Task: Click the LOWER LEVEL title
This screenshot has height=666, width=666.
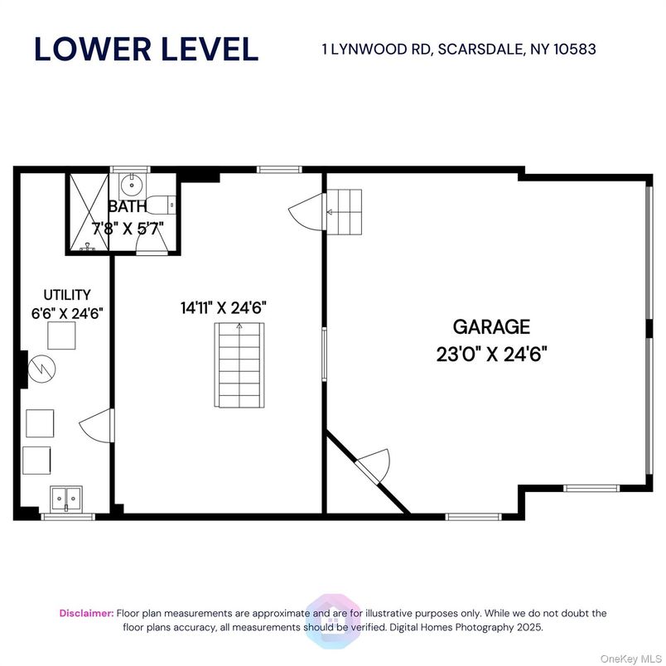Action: [146, 49]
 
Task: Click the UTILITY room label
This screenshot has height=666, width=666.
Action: [67, 294]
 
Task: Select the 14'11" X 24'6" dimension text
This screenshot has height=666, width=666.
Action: [223, 307]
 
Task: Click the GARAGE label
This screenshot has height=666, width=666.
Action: [490, 327]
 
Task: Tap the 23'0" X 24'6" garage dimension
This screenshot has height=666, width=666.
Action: [490, 354]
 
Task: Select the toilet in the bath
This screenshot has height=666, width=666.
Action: [166, 201]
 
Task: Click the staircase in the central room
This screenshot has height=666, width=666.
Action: [239, 364]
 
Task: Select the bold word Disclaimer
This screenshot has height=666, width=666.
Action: [86, 613]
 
